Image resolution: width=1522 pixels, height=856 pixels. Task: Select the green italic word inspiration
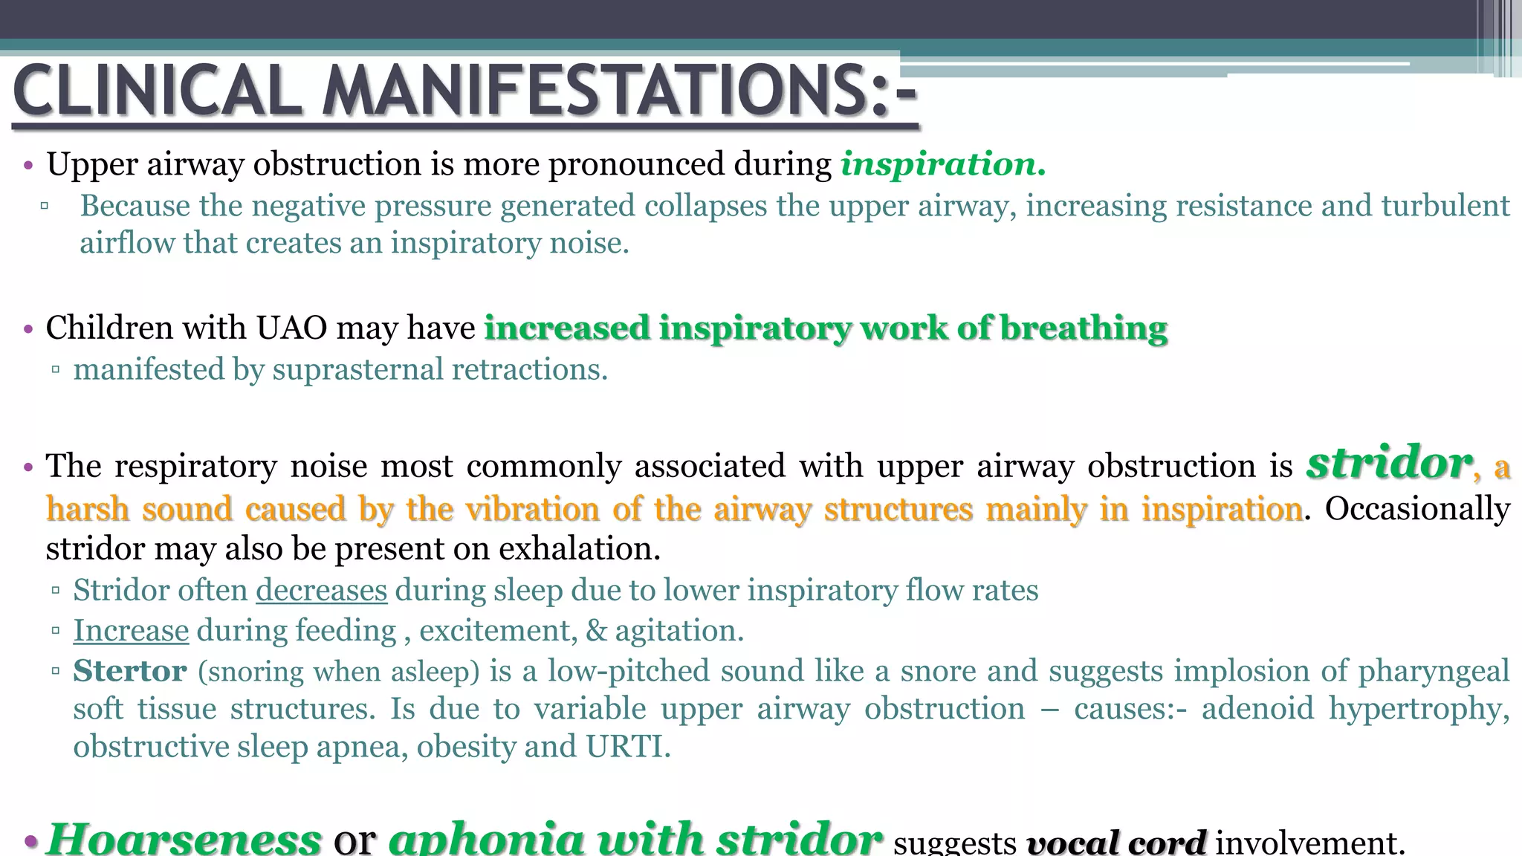[x=942, y=164]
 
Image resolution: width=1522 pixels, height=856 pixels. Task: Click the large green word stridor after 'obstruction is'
[x=1389, y=463]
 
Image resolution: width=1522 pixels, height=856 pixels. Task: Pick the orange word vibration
[x=532, y=510]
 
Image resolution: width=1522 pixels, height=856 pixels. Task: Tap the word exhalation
[x=580, y=549]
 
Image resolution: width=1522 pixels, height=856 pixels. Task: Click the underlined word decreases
[x=321, y=591]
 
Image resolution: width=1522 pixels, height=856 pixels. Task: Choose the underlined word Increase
[x=131, y=631]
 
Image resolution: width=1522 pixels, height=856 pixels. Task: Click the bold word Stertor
[x=129, y=671]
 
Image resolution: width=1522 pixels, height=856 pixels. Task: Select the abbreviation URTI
[x=628, y=747]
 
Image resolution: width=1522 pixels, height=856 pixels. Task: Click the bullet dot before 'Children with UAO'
[x=28, y=328]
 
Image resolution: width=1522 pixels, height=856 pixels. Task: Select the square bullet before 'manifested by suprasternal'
[x=56, y=369]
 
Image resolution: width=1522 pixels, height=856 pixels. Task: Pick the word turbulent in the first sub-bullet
[x=1445, y=206]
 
